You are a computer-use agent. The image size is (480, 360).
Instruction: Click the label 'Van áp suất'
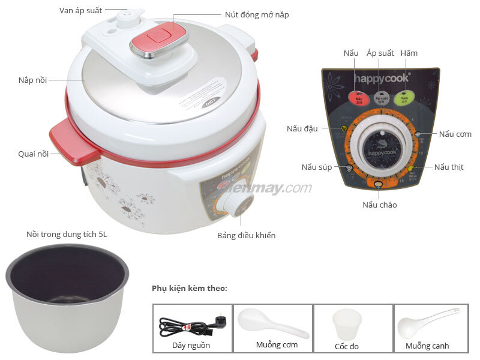pos(81,11)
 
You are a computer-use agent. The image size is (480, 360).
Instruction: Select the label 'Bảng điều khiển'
pos(246,235)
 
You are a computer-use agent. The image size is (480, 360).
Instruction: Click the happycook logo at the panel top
pos(380,78)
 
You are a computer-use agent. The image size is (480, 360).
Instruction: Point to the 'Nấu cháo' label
pos(379,205)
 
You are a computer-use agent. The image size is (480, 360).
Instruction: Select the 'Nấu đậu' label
pos(302,128)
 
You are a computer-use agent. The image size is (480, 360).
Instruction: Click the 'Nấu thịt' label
pos(449,167)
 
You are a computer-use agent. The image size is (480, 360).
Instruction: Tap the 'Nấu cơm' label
pos(455,134)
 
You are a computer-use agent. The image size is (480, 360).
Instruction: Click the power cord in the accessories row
pos(186,327)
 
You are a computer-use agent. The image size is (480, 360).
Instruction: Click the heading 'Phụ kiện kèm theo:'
pos(189,289)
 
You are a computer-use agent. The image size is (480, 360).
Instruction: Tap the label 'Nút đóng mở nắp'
pos(256,14)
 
